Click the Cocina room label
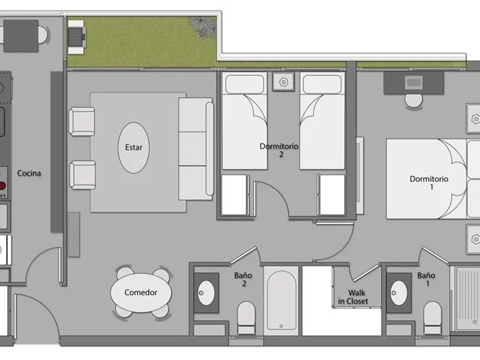pyautogui.click(x=29, y=173)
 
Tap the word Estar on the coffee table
pyautogui.click(x=134, y=147)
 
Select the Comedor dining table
pyautogui.click(x=141, y=293)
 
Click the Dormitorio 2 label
pyautogui.click(x=279, y=150)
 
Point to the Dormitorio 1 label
pyautogui.click(x=429, y=182)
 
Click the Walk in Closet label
pyautogui.click(x=353, y=297)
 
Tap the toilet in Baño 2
pyautogui.click(x=246, y=318)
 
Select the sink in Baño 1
pyautogui.click(x=399, y=293)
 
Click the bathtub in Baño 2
pyautogui.click(x=281, y=300)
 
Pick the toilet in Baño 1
pyautogui.click(x=432, y=318)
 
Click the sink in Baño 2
pyautogui.click(x=206, y=293)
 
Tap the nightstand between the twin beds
pyautogui.click(x=283, y=82)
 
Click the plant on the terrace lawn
pyautogui.click(x=202, y=27)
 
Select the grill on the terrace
pyautogui.click(x=77, y=37)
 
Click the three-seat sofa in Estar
pyautogui.click(x=196, y=149)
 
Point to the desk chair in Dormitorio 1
pyautogui.click(x=414, y=101)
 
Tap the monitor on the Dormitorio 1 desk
pyautogui.click(x=414, y=82)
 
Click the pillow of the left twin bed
pyautogui.click(x=245, y=84)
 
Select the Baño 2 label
pyautogui.click(x=243, y=279)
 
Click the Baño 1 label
pyautogui.click(x=426, y=279)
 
